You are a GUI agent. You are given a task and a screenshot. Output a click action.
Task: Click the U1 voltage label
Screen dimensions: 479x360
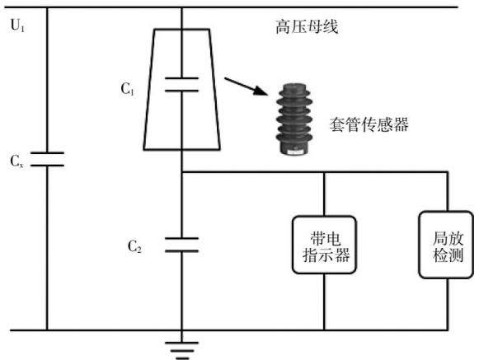[17, 25]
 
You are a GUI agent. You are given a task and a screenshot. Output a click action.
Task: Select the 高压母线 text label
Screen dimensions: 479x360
[307, 26]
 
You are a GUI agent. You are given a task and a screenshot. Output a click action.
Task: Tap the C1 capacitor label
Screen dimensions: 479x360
[128, 89]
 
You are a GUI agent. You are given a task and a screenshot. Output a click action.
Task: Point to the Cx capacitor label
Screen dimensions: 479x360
[16, 161]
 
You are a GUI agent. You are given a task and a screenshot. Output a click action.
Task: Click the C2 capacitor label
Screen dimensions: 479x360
[134, 246]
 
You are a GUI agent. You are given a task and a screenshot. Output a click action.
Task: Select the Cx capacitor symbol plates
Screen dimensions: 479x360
[47, 159]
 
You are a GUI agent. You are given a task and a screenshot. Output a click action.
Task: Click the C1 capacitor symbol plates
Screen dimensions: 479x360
[181, 85]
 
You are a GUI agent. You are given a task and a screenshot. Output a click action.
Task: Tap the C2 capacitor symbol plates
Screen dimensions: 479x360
[181, 245]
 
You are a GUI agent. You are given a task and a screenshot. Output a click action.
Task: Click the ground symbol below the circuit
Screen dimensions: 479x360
[182, 350]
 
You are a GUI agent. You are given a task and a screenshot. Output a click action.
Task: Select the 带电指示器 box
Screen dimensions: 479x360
[325, 245]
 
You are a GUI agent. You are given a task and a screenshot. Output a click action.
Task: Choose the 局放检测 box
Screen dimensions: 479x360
[446, 245]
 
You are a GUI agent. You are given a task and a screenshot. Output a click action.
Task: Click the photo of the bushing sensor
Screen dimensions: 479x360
[294, 119]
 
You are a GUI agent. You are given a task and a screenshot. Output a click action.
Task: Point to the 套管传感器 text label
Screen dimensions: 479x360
[369, 124]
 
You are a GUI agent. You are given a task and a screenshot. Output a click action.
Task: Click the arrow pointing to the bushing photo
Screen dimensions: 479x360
[246, 86]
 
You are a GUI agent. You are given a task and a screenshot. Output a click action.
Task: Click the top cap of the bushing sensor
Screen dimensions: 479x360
[294, 87]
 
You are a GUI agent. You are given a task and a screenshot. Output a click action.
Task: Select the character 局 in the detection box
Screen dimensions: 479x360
[440, 238]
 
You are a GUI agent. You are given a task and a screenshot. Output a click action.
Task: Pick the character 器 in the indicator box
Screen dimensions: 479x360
[342, 255]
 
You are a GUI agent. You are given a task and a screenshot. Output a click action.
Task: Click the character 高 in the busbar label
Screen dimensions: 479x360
[283, 27]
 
